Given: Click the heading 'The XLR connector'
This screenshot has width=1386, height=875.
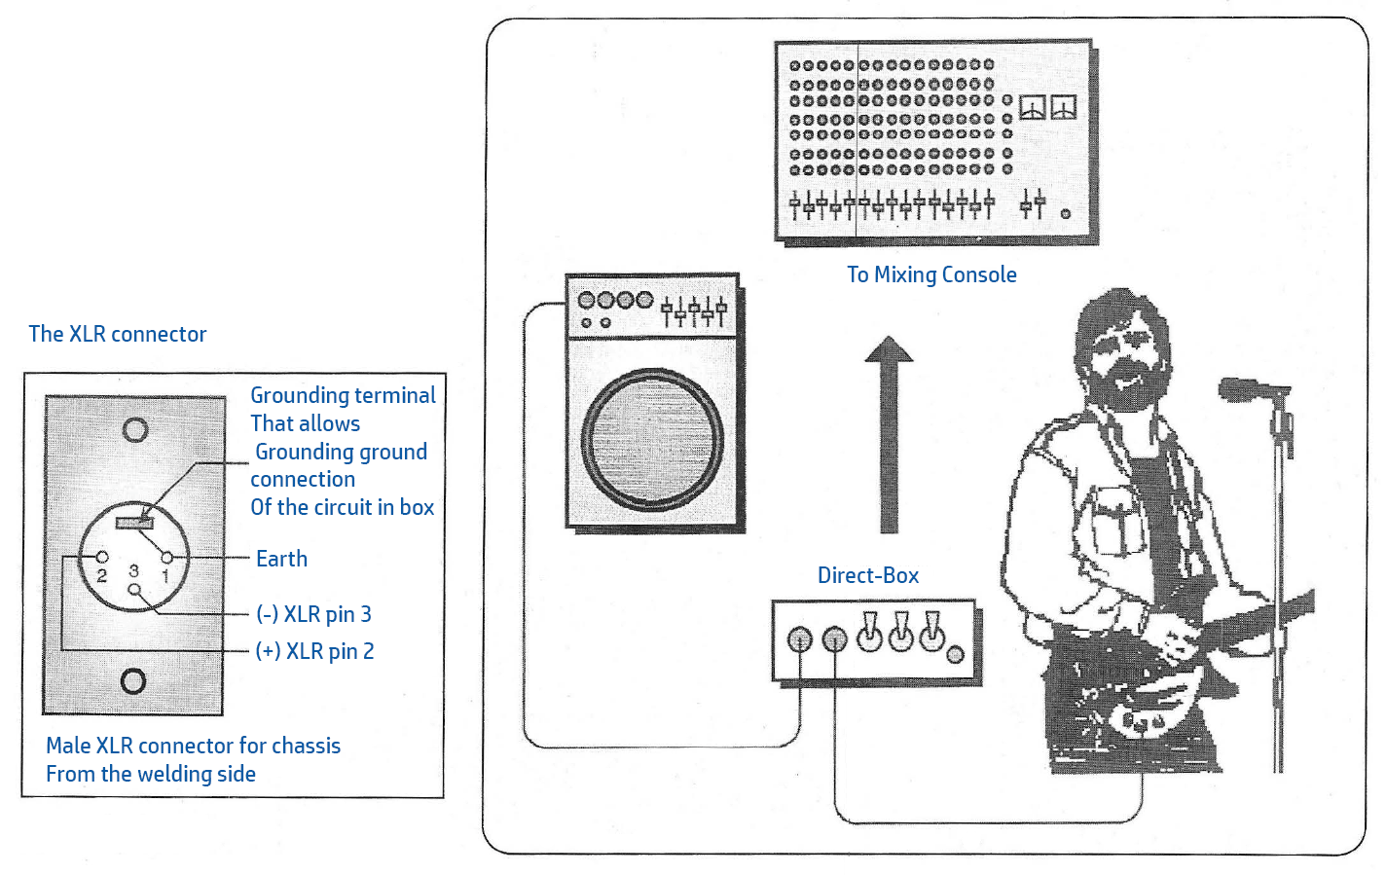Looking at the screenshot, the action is [x=118, y=334].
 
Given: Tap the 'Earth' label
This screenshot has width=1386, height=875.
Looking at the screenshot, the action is [x=281, y=559].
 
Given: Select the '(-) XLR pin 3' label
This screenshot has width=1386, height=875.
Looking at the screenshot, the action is [x=313, y=614].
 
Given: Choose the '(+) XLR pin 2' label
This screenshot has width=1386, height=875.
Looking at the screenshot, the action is [x=315, y=651].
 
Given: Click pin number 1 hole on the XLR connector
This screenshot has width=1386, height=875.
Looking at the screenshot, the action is [x=166, y=558].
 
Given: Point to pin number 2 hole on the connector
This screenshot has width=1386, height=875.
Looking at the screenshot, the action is [x=102, y=557].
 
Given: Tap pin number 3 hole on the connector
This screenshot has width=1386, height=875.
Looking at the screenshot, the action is [x=134, y=590].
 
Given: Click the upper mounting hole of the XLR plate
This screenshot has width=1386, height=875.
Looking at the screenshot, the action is [x=135, y=429].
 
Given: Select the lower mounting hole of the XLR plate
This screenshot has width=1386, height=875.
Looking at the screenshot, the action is [x=133, y=681].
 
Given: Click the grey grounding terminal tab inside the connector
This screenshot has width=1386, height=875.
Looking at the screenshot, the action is [x=134, y=524].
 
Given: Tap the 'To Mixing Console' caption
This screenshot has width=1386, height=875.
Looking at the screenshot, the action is [x=931, y=274].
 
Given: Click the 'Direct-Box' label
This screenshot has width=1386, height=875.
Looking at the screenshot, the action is [x=868, y=575].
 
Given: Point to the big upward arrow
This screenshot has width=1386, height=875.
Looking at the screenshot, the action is [x=890, y=434].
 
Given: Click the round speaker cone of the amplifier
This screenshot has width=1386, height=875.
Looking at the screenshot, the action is [x=652, y=440].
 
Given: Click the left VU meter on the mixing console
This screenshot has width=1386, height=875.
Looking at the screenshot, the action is [x=1033, y=107].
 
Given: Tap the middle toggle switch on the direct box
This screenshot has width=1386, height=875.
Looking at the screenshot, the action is [x=900, y=632].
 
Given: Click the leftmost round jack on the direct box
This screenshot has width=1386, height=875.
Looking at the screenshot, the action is [x=799, y=639].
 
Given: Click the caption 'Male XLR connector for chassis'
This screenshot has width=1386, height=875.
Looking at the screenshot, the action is [x=193, y=746].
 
